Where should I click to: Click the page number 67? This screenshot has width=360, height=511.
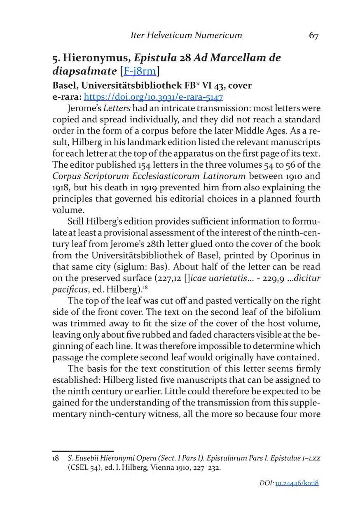(x=313, y=35)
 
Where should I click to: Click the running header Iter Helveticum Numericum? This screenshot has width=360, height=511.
(x=186, y=35)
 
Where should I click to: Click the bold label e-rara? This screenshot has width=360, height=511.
(x=67, y=98)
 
